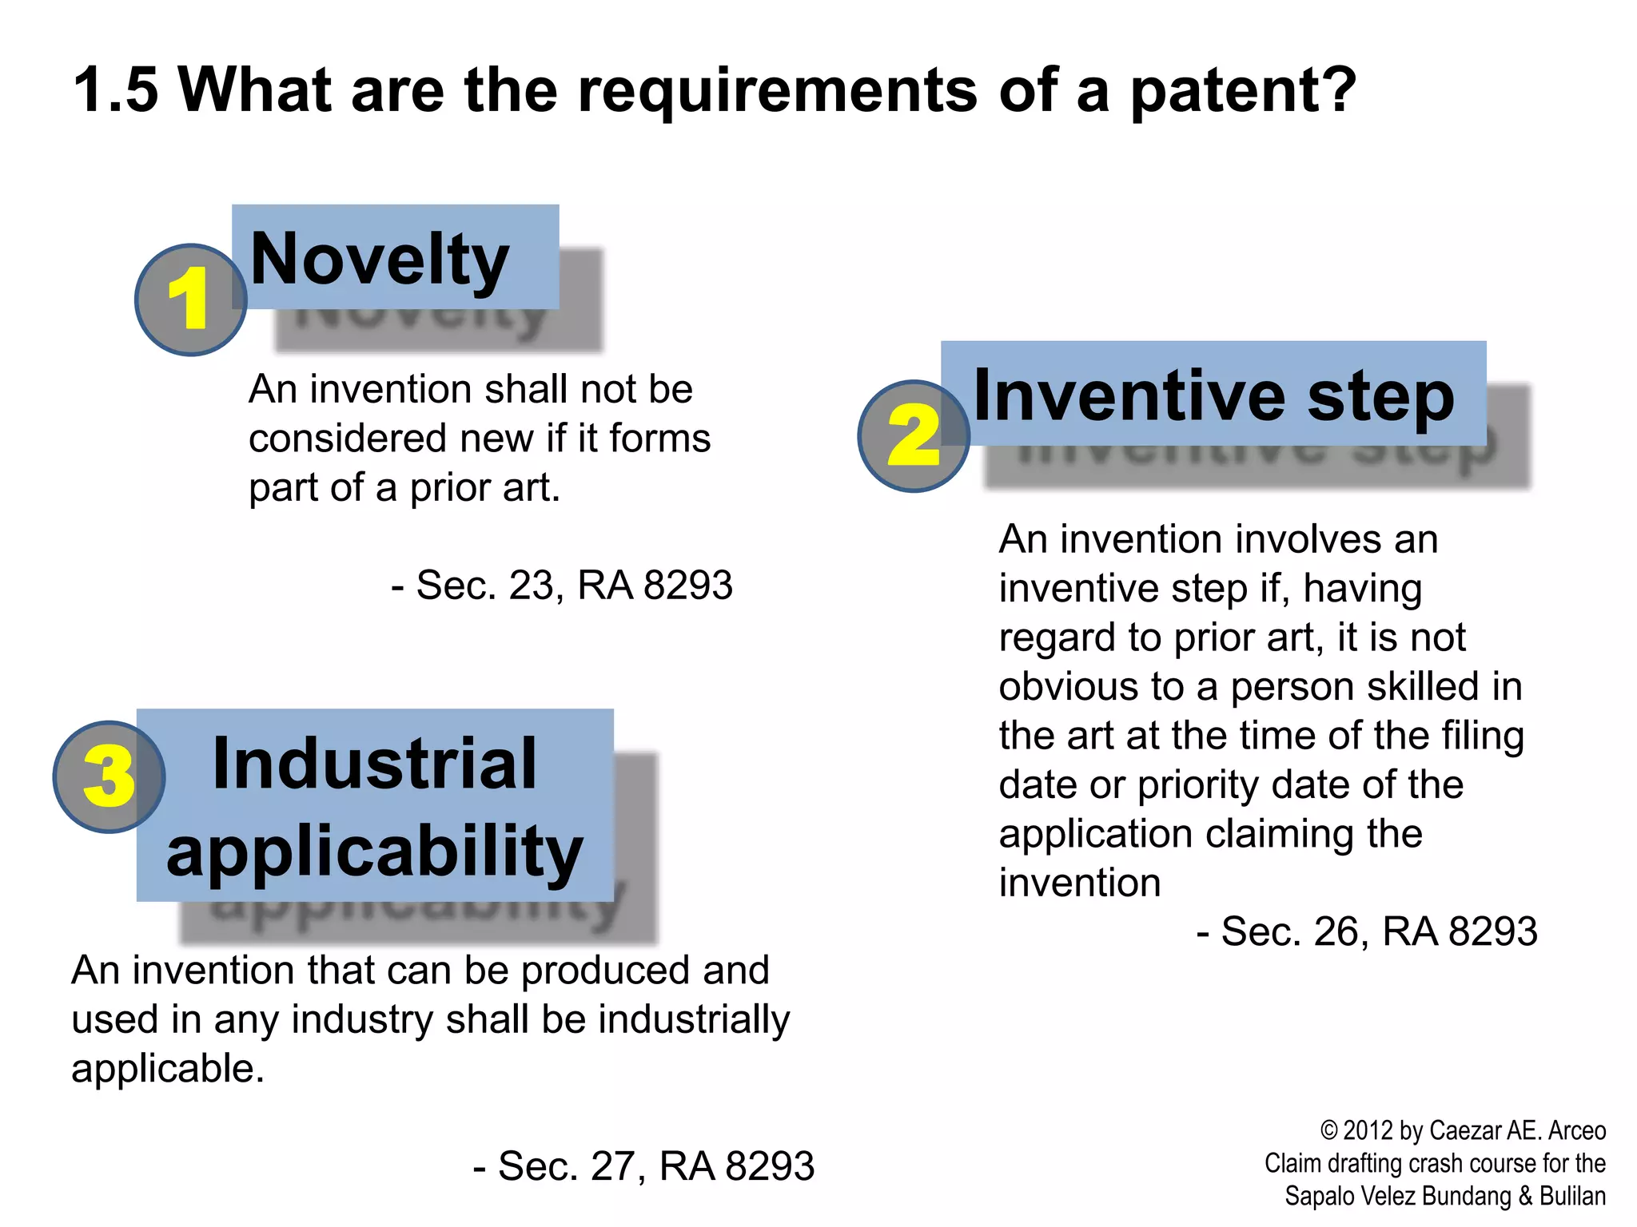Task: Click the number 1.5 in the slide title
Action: click(116, 89)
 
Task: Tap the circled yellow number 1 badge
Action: click(190, 300)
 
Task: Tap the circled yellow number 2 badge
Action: click(913, 435)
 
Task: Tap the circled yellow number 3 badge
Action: click(109, 776)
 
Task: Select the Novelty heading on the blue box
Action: click(380, 259)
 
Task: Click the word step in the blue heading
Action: click(1380, 397)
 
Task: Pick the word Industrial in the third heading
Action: click(375, 764)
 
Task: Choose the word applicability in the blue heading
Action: click(375, 852)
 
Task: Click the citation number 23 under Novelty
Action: click(532, 586)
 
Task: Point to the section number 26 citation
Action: click(1336, 931)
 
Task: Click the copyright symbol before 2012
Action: click(1329, 1130)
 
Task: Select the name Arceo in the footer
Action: click(1576, 1130)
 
